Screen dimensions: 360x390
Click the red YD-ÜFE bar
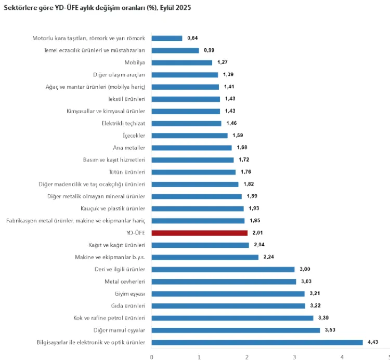pos(200,233)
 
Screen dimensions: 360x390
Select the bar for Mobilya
pos(182,62)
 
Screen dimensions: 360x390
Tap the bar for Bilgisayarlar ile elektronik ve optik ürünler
pos(257,342)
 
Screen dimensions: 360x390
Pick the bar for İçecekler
pos(189,136)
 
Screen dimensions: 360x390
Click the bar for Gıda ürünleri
pos(228,305)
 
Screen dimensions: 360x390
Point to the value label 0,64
pos(192,38)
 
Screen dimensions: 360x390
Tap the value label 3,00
pos(305,269)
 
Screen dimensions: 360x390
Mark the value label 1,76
pos(246,172)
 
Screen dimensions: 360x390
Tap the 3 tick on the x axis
pos(294,356)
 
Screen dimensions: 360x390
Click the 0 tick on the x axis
pos(151,356)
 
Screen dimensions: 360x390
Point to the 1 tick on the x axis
pos(199,356)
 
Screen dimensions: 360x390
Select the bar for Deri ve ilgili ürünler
pos(223,269)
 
